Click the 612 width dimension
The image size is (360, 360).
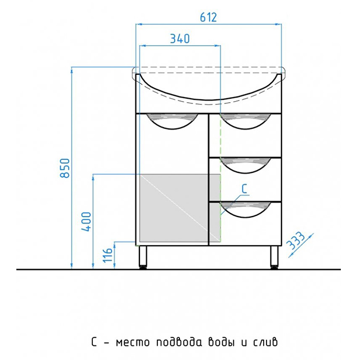pos(208,17)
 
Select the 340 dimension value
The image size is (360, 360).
pos(180,38)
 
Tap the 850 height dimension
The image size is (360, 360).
pos(65,168)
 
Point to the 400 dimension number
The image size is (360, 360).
pos(87,222)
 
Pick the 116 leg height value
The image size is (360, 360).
pos(107,255)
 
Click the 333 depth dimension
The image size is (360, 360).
pos(296,240)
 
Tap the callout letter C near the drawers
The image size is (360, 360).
pos(244,189)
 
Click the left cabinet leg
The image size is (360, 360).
pos(143,257)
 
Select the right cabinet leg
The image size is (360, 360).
pos(274,257)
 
